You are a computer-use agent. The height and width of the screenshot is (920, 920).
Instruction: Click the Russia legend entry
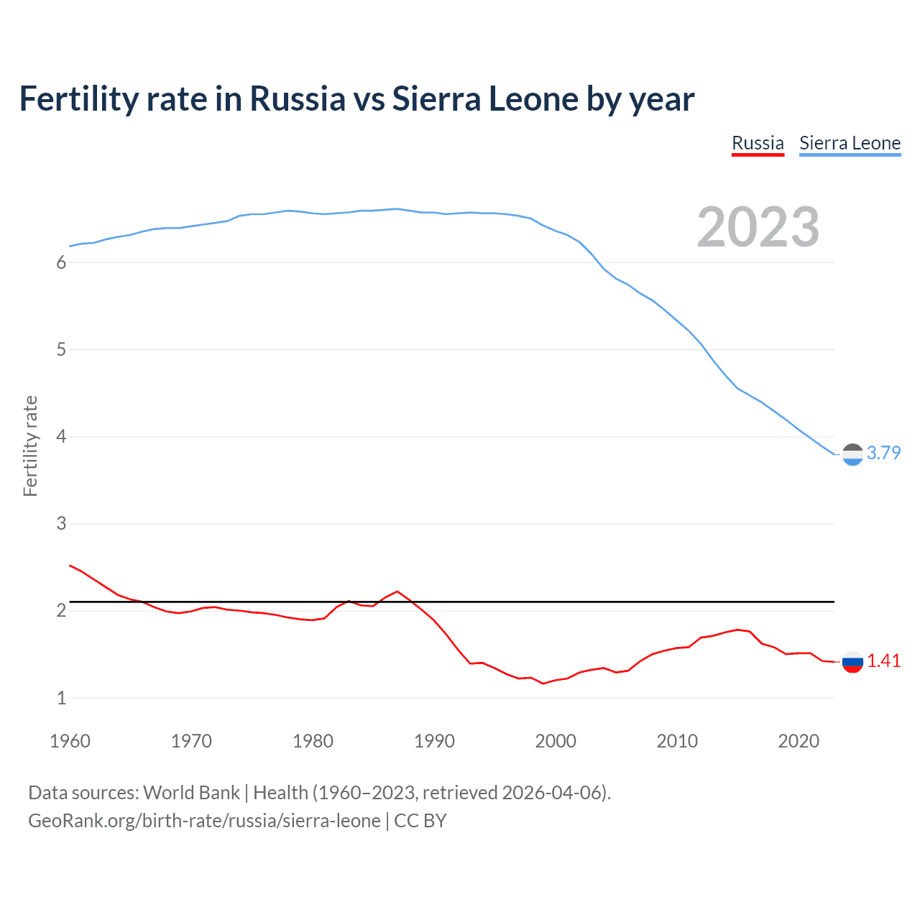[758, 143]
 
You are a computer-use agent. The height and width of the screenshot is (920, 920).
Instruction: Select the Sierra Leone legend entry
[850, 143]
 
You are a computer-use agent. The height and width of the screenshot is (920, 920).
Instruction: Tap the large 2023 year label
[758, 227]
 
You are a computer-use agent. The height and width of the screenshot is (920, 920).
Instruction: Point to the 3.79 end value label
[883, 453]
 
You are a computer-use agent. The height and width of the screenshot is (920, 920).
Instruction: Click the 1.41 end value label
[883, 661]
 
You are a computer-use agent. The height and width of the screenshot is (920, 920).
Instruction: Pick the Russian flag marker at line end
[852, 661]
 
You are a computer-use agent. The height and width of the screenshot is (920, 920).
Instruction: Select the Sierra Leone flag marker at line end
[852, 454]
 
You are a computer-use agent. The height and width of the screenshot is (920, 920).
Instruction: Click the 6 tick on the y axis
[61, 263]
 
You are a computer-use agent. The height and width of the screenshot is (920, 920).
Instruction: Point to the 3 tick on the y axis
[61, 524]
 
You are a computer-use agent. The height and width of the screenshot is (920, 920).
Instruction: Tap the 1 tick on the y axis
[61, 698]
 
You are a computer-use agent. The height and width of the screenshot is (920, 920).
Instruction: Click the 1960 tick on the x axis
[70, 741]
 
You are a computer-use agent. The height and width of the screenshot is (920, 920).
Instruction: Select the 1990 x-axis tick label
[434, 741]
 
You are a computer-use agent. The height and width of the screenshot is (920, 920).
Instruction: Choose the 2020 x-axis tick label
[799, 741]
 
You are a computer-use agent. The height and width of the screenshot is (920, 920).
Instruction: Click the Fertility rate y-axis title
[30, 446]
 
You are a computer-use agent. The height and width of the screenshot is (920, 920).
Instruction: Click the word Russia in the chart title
[298, 99]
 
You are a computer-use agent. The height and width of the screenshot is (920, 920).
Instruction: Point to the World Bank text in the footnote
[191, 793]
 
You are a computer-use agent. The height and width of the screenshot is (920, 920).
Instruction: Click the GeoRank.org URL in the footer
[204, 821]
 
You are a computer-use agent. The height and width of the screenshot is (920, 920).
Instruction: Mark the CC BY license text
[420, 821]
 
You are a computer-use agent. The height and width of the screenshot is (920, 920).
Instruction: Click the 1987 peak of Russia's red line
[397, 592]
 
